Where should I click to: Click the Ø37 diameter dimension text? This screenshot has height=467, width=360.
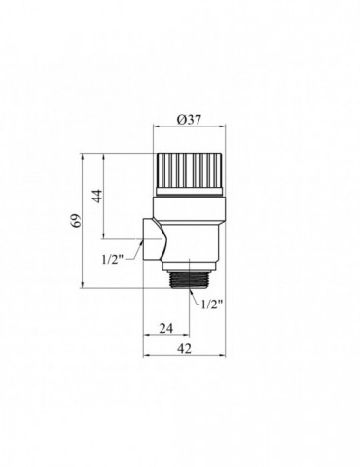[190, 119]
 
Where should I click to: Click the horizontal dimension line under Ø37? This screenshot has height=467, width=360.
[190, 129]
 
